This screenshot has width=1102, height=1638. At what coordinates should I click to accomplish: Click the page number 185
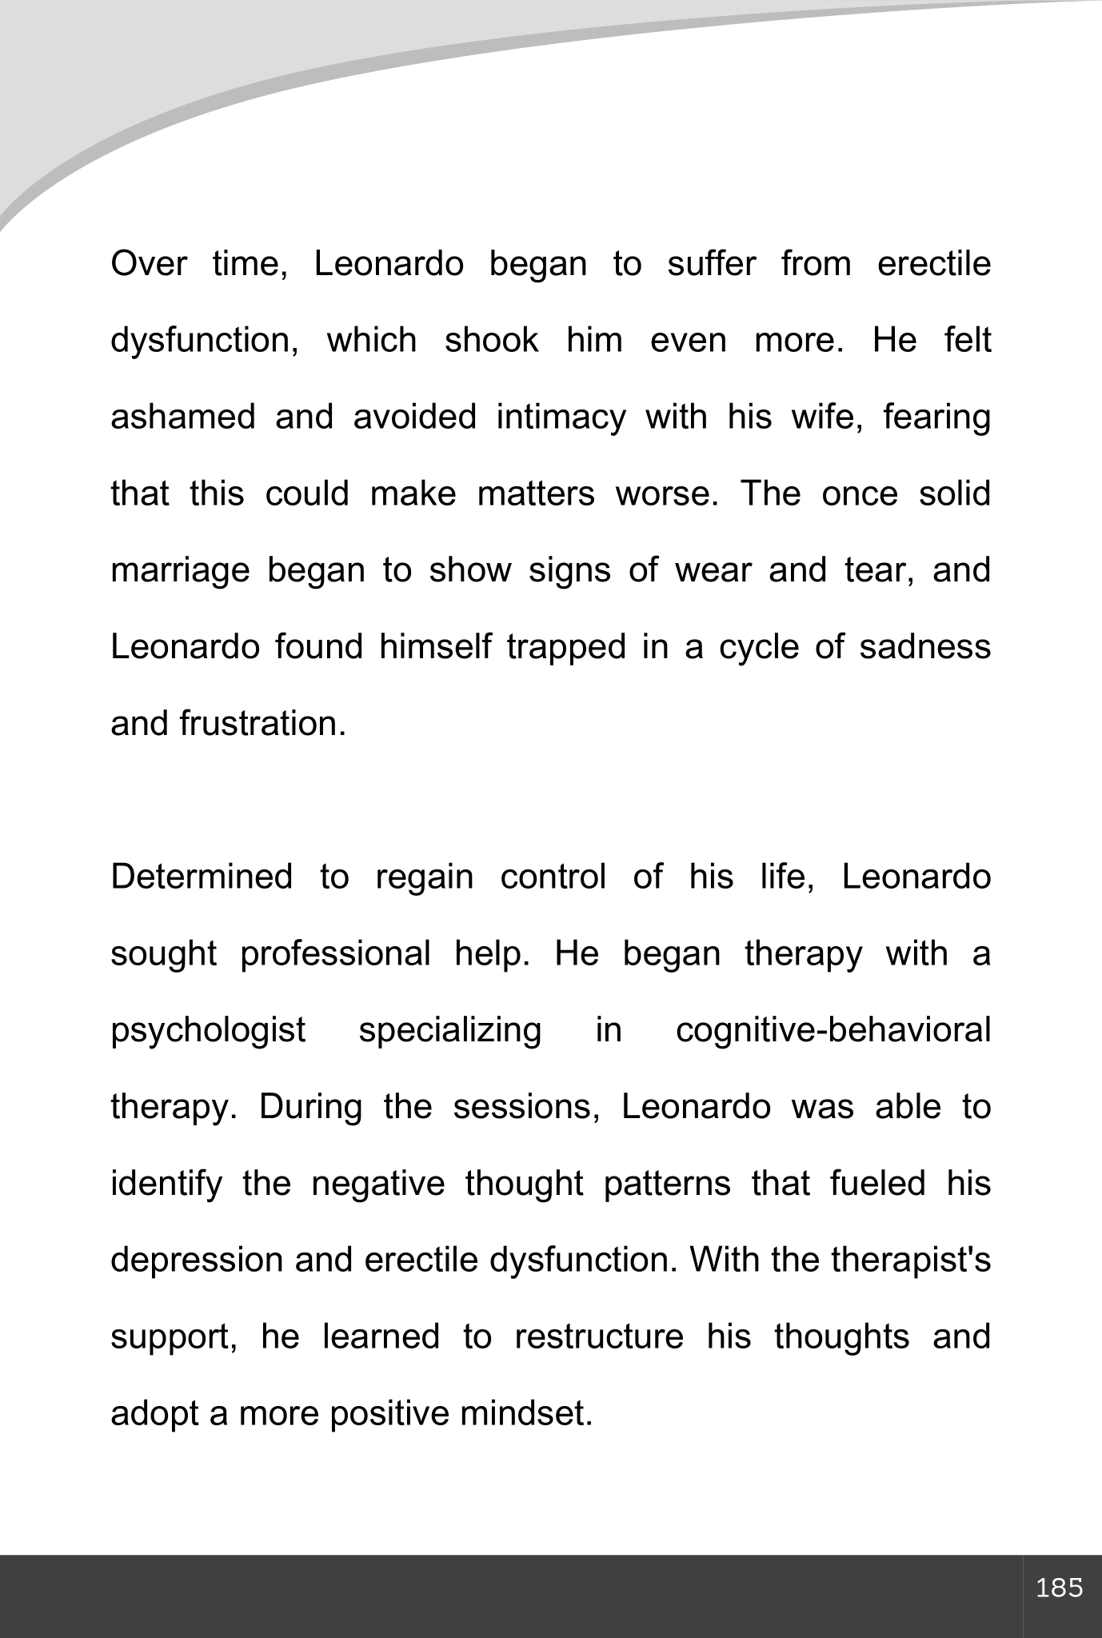coord(1059,1587)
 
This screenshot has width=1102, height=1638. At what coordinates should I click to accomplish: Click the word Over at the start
coord(149,264)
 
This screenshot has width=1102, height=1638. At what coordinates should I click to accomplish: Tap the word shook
coord(491,341)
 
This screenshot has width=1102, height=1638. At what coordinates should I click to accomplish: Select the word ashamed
coord(182,417)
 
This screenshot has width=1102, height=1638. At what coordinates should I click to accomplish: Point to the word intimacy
coord(561,417)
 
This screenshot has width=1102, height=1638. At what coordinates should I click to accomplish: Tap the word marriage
coord(180,571)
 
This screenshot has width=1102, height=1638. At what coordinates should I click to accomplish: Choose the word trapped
coord(566,647)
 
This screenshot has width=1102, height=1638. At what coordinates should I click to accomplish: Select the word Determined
coord(202,877)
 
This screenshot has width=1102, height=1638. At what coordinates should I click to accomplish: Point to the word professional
coord(335,954)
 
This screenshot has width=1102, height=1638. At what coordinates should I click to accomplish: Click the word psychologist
coord(208,1031)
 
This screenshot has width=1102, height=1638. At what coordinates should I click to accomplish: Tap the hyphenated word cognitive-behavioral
coord(832,1031)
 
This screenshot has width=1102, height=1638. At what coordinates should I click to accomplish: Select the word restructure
coord(599,1337)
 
